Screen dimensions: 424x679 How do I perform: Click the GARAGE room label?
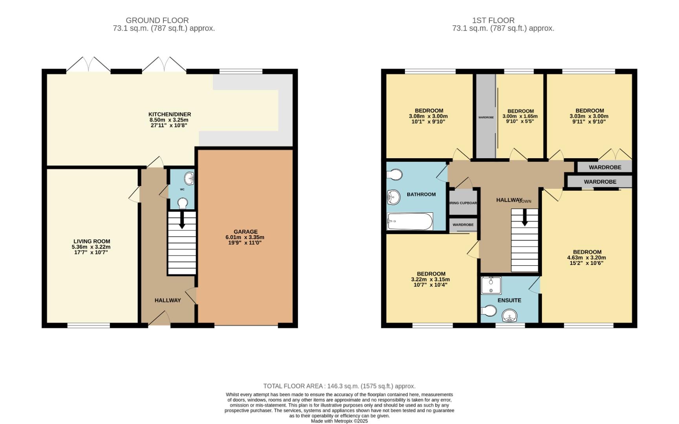[245, 232]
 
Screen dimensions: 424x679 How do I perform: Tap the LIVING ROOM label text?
[92, 241]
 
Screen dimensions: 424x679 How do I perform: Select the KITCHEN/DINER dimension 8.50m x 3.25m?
[169, 120]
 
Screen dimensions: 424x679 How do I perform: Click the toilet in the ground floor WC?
[182, 203]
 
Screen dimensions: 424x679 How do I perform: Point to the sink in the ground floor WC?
[190, 179]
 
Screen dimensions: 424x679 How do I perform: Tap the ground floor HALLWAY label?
[168, 300]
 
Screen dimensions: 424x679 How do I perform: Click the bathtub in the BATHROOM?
[410, 222]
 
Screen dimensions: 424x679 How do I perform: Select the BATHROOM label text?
[421, 194]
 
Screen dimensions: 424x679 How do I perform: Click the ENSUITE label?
[509, 300]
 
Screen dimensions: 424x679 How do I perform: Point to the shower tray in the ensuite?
[491, 285]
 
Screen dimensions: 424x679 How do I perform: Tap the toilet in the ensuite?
[489, 311]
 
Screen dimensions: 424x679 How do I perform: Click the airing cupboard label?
[463, 203]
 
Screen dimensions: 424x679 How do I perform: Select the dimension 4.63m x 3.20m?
[587, 258]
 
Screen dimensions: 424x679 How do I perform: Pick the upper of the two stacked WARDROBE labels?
[605, 167]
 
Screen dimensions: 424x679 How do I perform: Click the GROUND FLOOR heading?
[157, 20]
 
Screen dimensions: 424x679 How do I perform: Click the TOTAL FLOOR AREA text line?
[339, 386]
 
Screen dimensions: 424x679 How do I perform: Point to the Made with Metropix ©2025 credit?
[339, 421]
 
